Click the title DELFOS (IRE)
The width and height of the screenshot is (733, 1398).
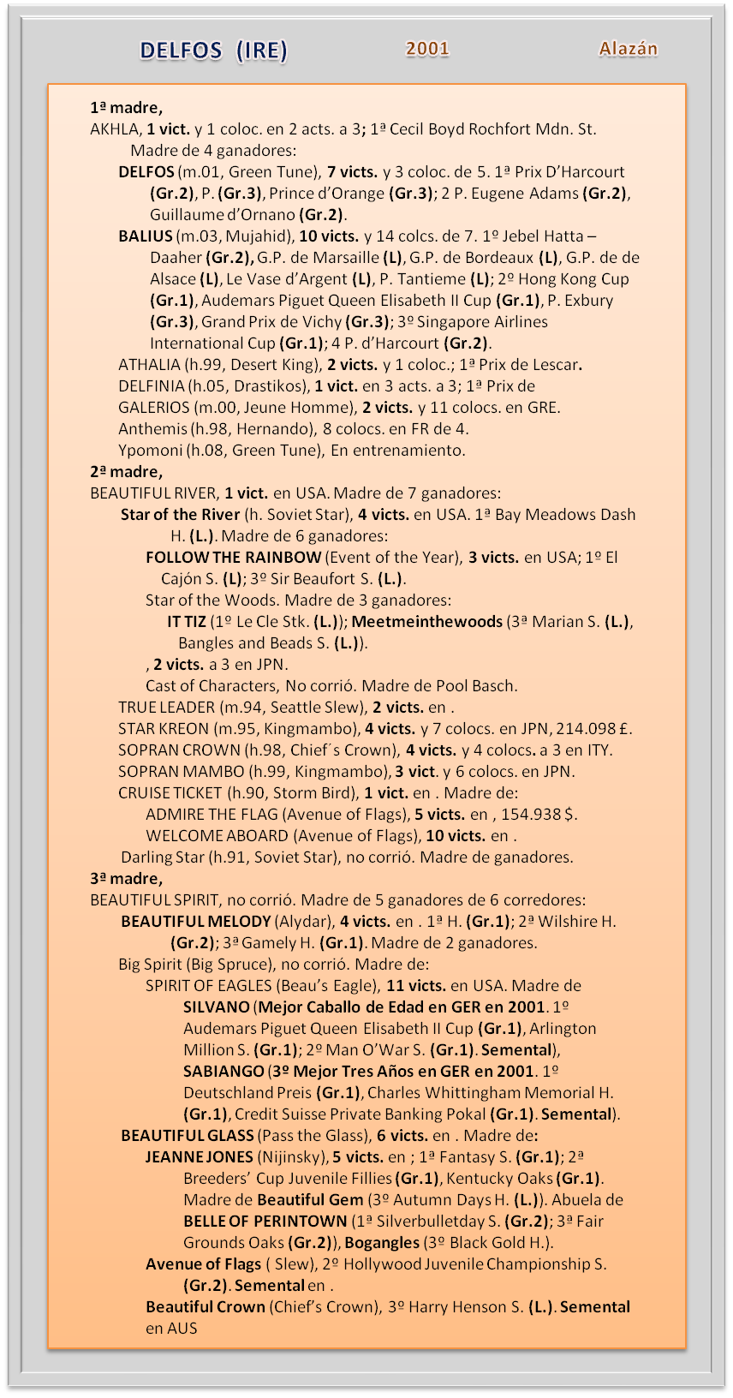pyautogui.click(x=213, y=51)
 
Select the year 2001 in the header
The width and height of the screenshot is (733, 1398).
pyautogui.click(x=427, y=49)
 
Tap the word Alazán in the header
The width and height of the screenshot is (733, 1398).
pyautogui.click(x=629, y=49)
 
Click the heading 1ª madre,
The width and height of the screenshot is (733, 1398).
pyautogui.click(x=126, y=108)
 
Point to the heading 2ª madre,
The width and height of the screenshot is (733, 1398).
pyautogui.click(x=126, y=472)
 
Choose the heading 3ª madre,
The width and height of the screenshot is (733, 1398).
pyautogui.click(x=126, y=879)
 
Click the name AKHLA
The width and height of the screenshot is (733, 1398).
pyautogui.click(x=115, y=129)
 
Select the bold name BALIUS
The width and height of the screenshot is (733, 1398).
pyautogui.click(x=146, y=236)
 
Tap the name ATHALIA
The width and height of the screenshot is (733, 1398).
pyautogui.click(x=149, y=365)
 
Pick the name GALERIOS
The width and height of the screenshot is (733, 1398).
pyautogui.click(x=154, y=408)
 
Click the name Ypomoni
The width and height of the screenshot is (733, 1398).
pyautogui.click(x=151, y=451)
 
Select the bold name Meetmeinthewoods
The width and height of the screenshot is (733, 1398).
pyautogui.click(x=426, y=622)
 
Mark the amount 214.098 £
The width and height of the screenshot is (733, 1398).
pyautogui.click(x=593, y=729)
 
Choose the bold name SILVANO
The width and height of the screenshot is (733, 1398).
pyautogui.click(x=217, y=1007)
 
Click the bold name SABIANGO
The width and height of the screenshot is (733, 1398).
pyautogui.click(x=223, y=1072)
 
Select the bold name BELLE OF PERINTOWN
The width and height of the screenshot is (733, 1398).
pyautogui.click(x=265, y=1222)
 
